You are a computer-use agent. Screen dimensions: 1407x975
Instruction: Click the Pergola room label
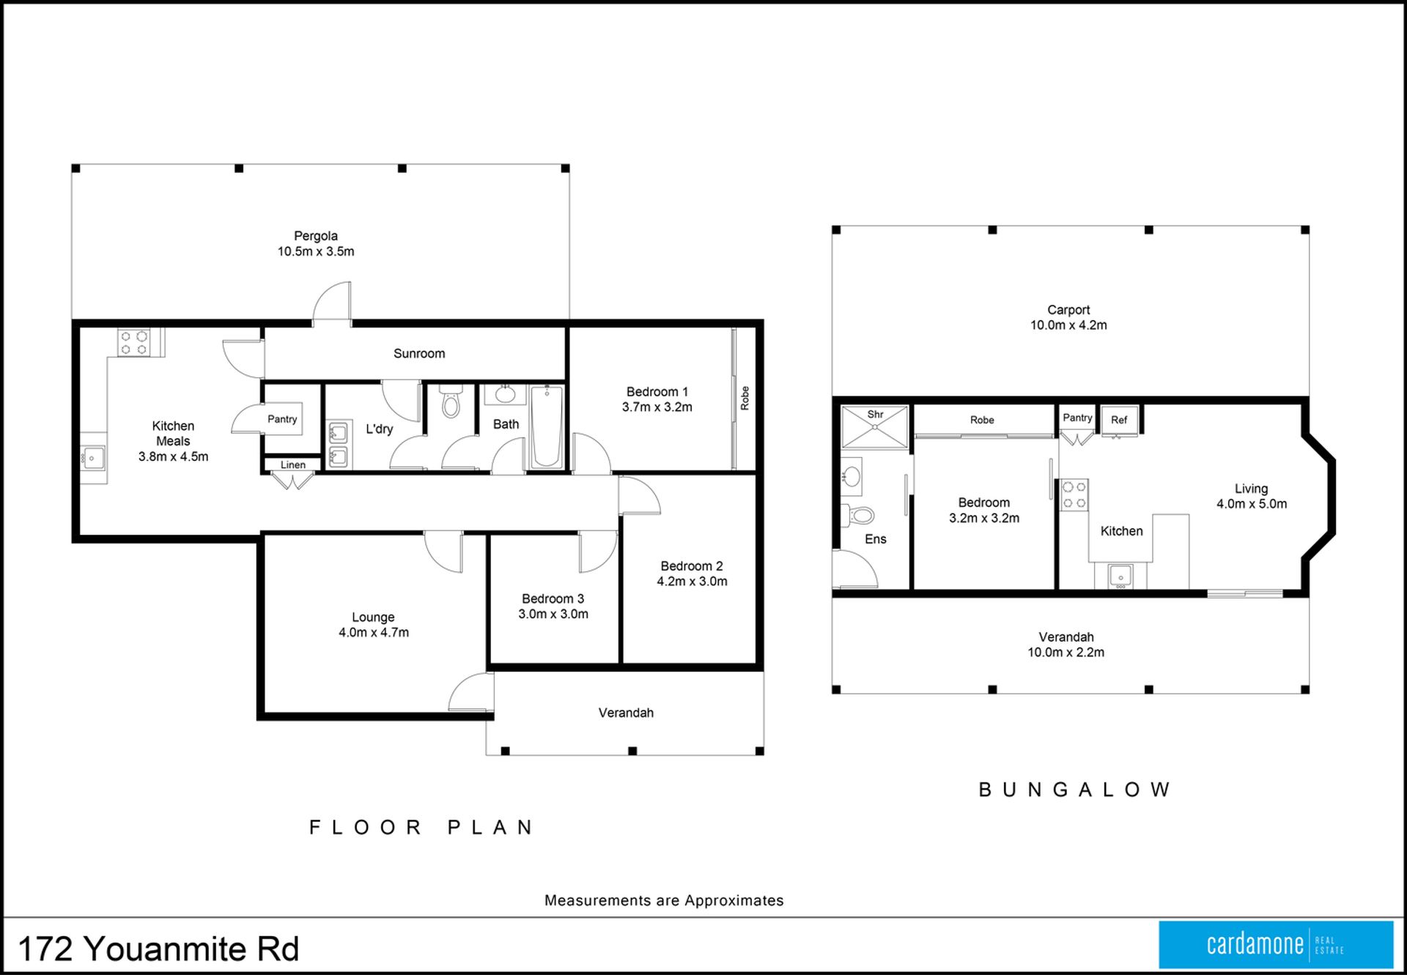[316, 236]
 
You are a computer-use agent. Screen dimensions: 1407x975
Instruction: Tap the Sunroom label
[419, 353]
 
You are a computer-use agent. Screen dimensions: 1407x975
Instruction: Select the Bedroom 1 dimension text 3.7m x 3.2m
[657, 407]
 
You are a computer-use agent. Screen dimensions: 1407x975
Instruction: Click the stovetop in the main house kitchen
[134, 343]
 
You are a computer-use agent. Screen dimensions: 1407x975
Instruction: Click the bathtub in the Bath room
[547, 426]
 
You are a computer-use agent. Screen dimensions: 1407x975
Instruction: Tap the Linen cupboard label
[293, 464]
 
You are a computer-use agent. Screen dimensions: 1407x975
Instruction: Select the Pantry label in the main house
[282, 419]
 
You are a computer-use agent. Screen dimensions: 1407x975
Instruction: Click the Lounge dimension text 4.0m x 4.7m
[374, 633]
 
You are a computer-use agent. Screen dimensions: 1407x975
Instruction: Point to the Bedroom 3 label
[553, 598]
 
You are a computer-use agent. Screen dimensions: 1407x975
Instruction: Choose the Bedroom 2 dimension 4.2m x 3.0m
[692, 582]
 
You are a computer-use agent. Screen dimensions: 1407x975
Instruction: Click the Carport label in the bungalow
[1068, 310]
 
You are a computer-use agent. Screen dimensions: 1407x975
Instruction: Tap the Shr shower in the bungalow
[875, 426]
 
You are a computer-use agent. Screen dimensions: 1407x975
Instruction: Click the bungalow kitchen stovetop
[1074, 495]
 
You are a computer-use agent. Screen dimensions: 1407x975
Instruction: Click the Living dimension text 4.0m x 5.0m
[1252, 504]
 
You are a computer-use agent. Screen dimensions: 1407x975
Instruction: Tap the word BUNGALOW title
[1074, 790]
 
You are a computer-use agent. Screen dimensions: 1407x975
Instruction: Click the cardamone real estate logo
[1276, 945]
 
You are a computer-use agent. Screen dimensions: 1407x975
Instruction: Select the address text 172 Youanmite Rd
[158, 949]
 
